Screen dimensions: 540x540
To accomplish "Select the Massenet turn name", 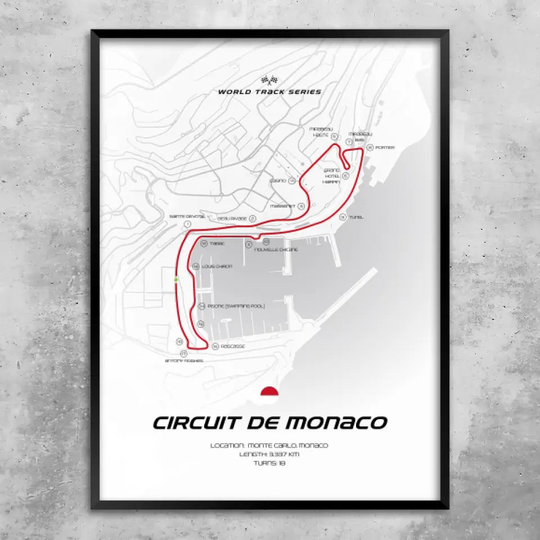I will coord(283,206).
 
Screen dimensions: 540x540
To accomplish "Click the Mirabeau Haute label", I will coord(322,132).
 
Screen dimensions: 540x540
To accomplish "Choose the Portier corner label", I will coord(385,147).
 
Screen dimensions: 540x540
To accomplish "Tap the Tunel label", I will coord(356,217).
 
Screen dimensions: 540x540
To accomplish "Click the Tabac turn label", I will coord(217,244).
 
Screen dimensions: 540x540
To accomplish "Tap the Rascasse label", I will coord(232,347).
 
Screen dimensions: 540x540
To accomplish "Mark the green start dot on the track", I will coord(176,279).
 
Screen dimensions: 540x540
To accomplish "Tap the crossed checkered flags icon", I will coord(270,80).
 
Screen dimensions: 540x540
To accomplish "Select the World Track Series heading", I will coord(270,92).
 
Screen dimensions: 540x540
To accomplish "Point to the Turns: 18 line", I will coord(270,463).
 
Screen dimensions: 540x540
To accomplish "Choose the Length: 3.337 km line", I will coord(270,454).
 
